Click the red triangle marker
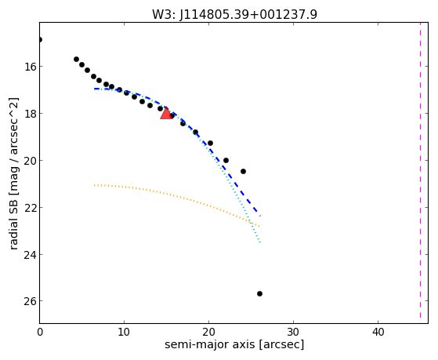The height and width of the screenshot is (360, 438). (x=166, y=113)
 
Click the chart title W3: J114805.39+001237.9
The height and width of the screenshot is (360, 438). (x=234, y=14)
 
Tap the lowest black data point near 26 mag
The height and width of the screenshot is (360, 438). (x=259, y=293)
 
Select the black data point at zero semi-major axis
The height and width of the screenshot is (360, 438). (x=40, y=39)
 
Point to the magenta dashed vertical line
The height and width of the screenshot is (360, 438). (x=420, y=170)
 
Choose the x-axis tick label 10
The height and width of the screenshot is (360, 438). (x=124, y=333)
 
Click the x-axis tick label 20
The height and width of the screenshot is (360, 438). (x=208, y=333)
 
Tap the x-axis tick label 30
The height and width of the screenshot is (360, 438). (x=293, y=333)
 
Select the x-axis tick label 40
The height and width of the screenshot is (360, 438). (x=378, y=333)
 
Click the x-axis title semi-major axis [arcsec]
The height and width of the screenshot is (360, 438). (x=234, y=344)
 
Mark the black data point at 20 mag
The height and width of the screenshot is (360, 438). (x=226, y=160)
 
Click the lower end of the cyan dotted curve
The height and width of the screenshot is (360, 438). (x=260, y=242)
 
